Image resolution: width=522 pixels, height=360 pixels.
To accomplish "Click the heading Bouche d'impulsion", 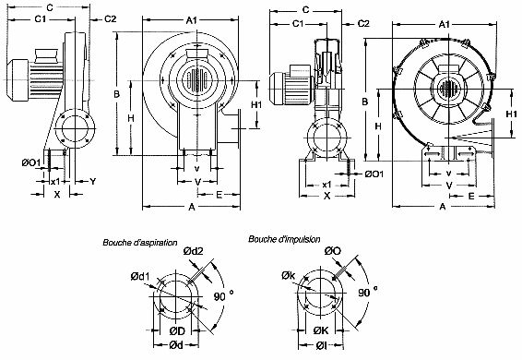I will click(x=284, y=238).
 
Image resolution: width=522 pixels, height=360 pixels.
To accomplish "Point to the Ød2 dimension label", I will click(x=194, y=251).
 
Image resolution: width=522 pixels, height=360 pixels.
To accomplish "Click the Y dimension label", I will click(x=93, y=181).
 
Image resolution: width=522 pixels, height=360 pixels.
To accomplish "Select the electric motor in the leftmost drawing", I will click(x=25, y=72).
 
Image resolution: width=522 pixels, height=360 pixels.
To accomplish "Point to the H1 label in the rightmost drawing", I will click(x=510, y=113).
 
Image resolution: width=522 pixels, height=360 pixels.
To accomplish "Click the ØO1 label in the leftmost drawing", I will click(x=31, y=164).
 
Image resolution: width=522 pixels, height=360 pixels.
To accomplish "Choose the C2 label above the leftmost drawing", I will click(x=110, y=18).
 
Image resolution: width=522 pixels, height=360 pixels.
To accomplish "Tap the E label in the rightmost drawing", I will click(x=470, y=197).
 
